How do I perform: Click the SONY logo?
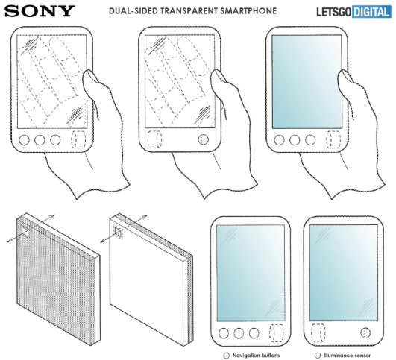tap(40, 11)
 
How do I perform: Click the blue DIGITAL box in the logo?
tap(371, 12)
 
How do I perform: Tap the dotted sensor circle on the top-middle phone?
tap(204, 139)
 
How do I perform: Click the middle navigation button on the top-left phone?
tap(40, 140)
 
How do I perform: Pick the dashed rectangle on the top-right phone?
tap(333, 139)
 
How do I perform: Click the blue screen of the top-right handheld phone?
tap(307, 82)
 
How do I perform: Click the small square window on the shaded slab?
tap(25, 232)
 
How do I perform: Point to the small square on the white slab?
tap(118, 231)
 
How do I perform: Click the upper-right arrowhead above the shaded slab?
tap(51, 216)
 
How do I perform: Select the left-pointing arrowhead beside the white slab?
tap(103, 241)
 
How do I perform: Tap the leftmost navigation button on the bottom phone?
tap(224, 333)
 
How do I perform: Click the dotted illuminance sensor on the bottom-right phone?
tap(365, 332)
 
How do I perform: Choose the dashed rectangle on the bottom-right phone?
tap(318, 332)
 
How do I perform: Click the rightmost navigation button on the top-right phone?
tap(310, 140)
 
